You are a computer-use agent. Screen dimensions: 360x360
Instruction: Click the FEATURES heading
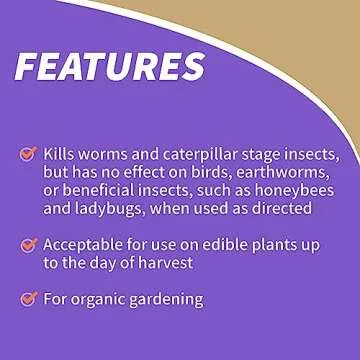(x=110, y=66)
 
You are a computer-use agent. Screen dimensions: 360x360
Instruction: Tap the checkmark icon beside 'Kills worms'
(x=29, y=154)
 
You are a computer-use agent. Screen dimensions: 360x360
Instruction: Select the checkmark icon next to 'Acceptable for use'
(x=29, y=244)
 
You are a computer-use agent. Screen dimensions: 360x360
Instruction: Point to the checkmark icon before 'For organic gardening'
(x=29, y=298)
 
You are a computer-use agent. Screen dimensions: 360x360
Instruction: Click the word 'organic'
(x=103, y=298)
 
